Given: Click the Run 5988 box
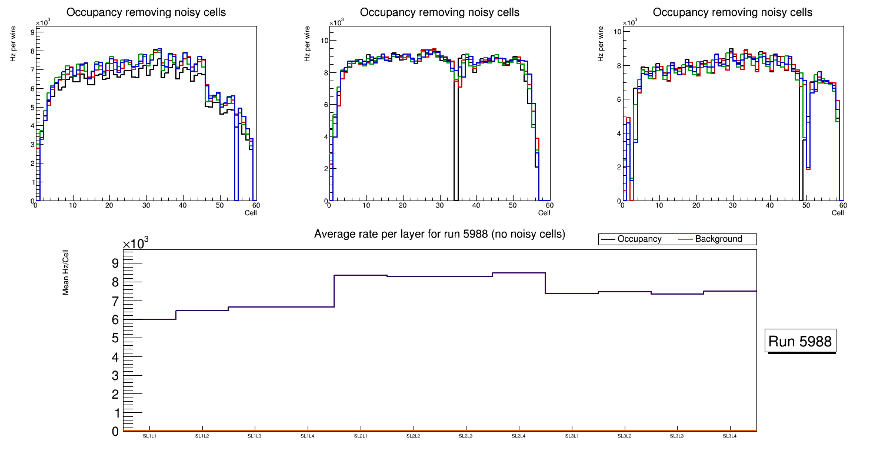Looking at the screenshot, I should click(801, 342).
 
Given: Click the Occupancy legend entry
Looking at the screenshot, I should click(639, 239).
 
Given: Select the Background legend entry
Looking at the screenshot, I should click(718, 239).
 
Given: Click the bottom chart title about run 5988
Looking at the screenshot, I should click(439, 234).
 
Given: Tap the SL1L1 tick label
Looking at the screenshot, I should click(149, 436).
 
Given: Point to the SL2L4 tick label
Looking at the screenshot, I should click(518, 436).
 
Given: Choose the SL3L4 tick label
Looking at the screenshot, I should click(729, 436).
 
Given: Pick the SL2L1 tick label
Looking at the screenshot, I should click(361, 436).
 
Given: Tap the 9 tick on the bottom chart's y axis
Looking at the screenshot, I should click(115, 263).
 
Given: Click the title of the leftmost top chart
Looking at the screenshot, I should click(146, 12).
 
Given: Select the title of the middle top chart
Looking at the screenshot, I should click(439, 12).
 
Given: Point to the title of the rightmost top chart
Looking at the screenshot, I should click(733, 12).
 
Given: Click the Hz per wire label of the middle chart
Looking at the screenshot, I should click(306, 46).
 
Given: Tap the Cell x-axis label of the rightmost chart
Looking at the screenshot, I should click(838, 212).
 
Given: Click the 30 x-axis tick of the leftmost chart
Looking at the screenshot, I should click(146, 205).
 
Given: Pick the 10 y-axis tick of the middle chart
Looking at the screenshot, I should click(324, 40).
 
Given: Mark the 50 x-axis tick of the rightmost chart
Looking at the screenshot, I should click(806, 205).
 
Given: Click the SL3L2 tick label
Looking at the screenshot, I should click(624, 436).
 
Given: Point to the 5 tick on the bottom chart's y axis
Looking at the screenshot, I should click(115, 338).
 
